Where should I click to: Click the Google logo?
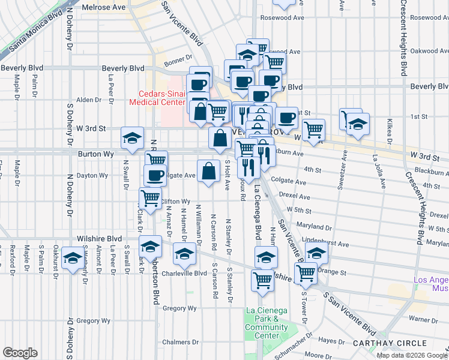click(20, 353)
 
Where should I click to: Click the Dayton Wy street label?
click(92, 176)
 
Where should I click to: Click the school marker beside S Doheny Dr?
click(73, 259)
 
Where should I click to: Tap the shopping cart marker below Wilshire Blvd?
click(263, 279)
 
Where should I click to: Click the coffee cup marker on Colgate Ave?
click(155, 176)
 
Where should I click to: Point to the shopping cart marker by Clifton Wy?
click(150, 197)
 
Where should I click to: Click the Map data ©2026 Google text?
click(412, 355)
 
